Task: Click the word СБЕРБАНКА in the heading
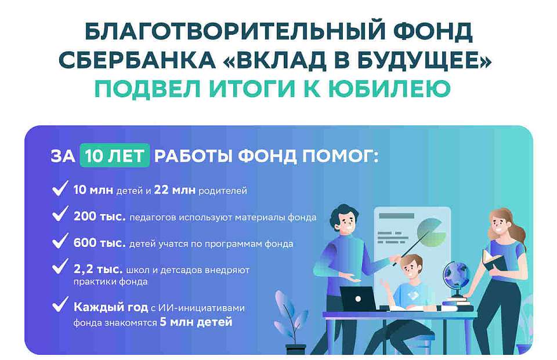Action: coord(131,60)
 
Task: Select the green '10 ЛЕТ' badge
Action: coord(115,157)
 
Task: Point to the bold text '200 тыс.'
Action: coord(100,217)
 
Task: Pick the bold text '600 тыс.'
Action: coord(100,243)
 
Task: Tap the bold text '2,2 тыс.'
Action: coord(97,269)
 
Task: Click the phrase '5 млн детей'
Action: coord(196,322)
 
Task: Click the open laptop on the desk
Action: coord(358,299)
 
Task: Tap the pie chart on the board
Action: coord(432,231)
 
